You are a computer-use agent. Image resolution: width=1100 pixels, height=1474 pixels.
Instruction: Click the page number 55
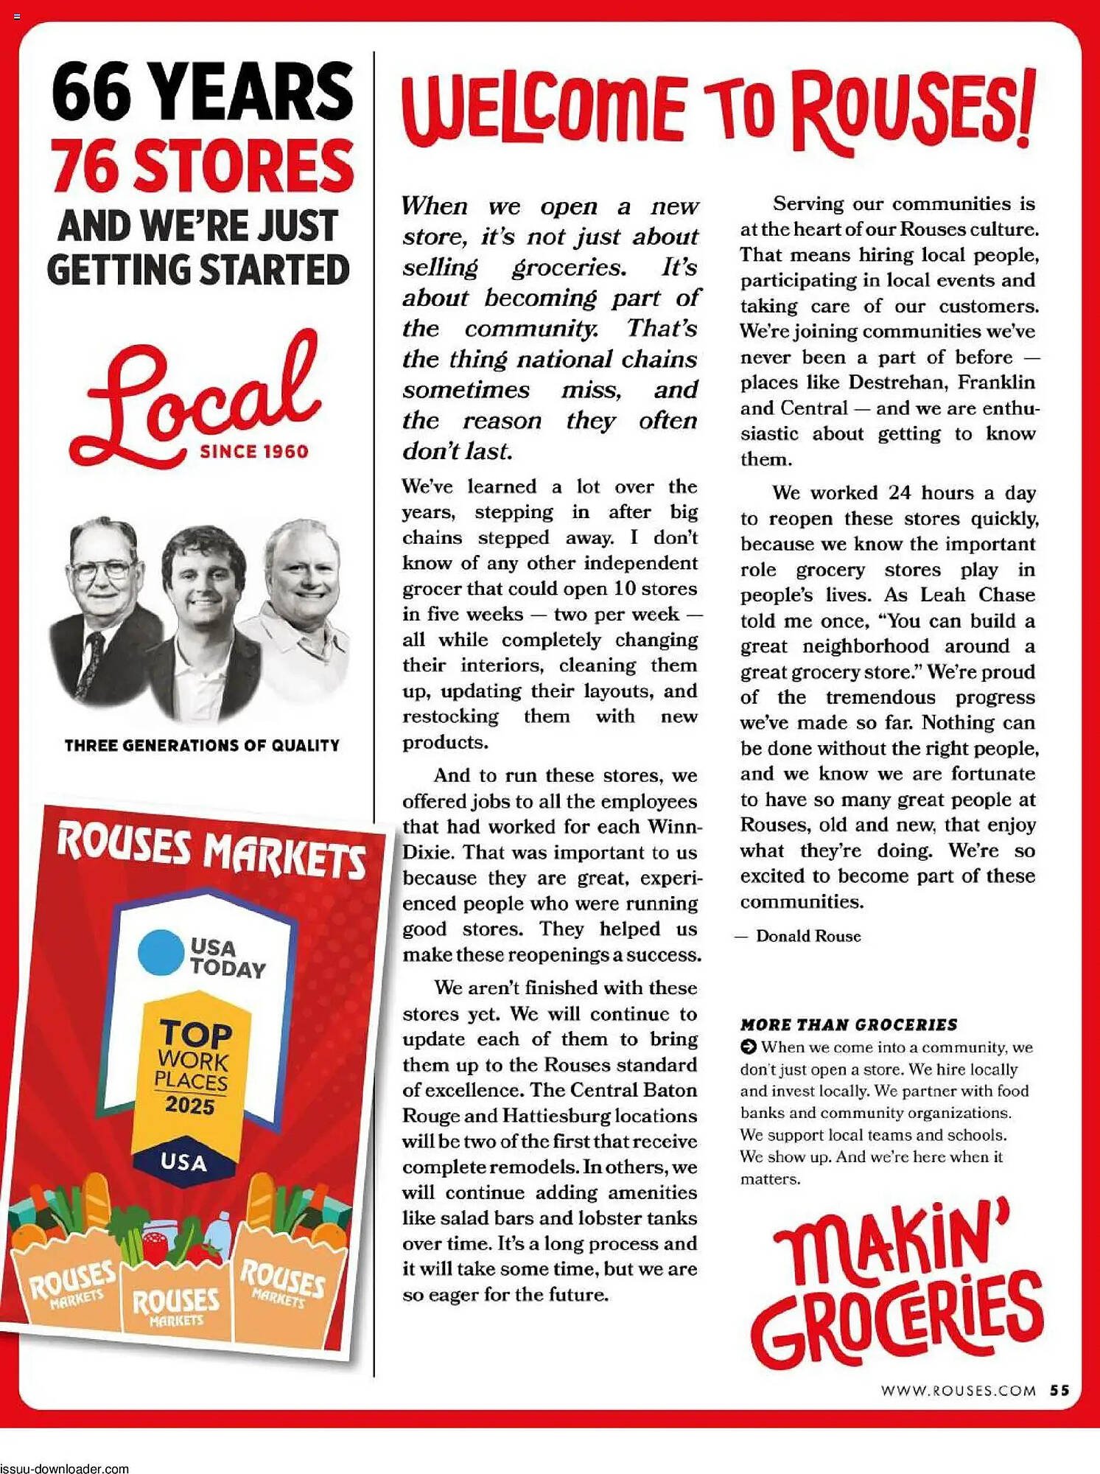pyautogui.click(x=1059, y=1390)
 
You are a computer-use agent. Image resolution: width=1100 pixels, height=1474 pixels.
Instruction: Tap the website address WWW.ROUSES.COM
pyautogui.click(x=958, y=1391)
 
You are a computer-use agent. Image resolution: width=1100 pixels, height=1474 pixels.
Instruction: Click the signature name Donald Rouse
pyautogui.click(x=808, y=936)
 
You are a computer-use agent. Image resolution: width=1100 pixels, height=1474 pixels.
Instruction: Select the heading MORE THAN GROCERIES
pyautogui.click(x=849, y=1024)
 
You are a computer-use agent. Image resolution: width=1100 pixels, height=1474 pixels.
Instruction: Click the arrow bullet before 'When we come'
pyautogui.click(x=748, y=1047)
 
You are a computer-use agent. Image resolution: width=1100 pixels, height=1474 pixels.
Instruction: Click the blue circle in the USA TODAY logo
pyautogui.click(x=161, y=951)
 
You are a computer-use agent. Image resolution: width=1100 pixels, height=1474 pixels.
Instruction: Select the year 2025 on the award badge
pyautogui.click(x=189, y=1105)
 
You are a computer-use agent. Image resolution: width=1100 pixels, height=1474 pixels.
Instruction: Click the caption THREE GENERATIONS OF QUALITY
pyautogui.click(x=202, y=745)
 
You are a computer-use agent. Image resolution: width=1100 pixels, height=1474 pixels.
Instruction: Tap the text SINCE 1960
pyautogui.click(x=254, y=452)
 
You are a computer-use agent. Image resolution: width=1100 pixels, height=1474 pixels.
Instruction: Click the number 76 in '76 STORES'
pyautogui.click(x=87, y=167)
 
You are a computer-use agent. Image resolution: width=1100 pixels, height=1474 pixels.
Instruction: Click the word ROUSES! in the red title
pyautogui.click(x=914, y=111)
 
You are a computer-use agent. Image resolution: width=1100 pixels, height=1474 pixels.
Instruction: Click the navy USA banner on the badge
pyautogui.click(x=183, y=1162)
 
